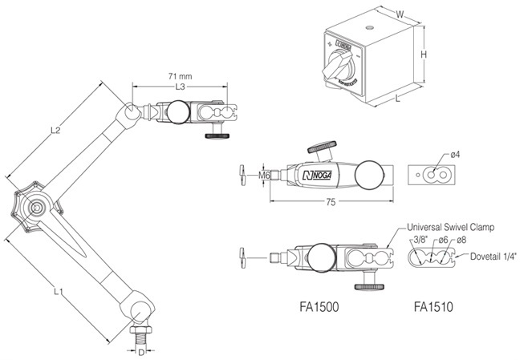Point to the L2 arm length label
[55, 129]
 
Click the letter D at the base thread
[141, 351]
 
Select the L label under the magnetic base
[400, 97]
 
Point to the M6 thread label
[264, 173]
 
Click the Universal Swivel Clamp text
[447, 226]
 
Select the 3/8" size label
[418, 239]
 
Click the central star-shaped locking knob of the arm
[34, 207]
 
